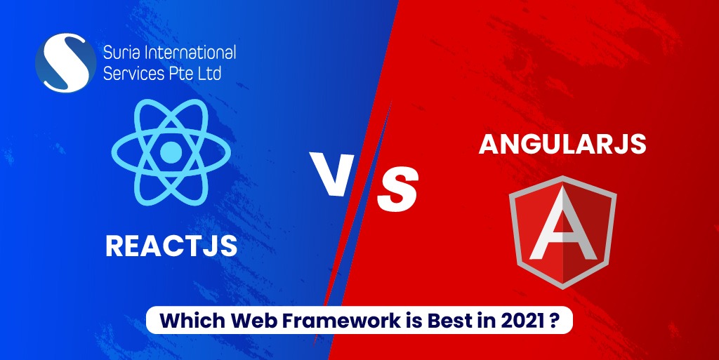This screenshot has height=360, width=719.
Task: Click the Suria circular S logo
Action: pyautogui.click(x=65, y=62)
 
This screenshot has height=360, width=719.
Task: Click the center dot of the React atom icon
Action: pyautogui.click(x=170, y=151)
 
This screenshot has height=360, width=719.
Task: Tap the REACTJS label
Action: pyautogui.click(x=171, y=246)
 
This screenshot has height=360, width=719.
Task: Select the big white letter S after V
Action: pyautogui.click(x=397, y=189)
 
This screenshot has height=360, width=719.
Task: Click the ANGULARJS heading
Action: pyautogui.click(x=562, y=144)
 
